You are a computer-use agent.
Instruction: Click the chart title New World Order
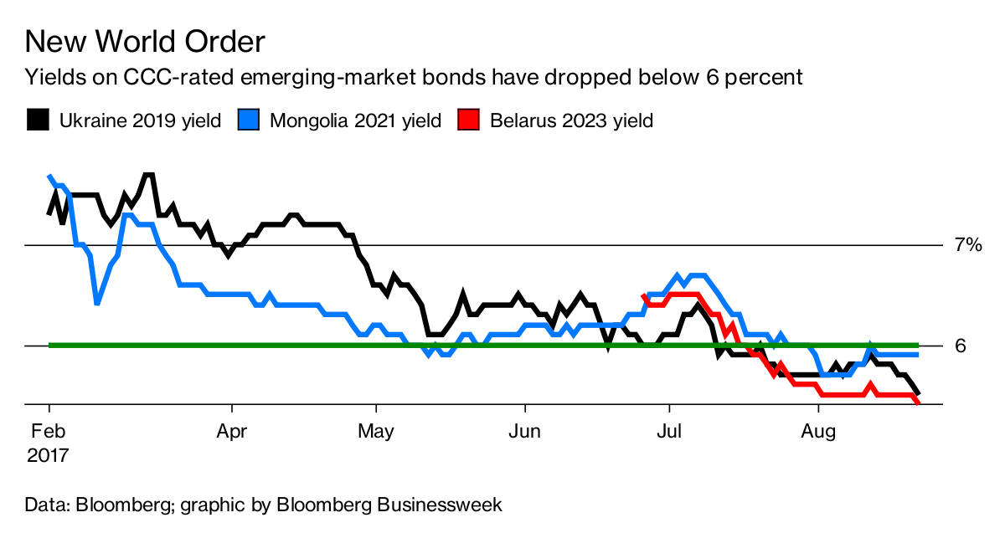(x=146, y=41)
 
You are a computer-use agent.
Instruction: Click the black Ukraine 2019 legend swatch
(x=37, y=120)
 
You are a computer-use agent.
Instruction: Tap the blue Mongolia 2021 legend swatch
(x=248, y=120)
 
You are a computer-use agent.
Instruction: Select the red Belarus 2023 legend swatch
(x=468, y=120)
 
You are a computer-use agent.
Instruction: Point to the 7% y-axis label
(x=968, y=244)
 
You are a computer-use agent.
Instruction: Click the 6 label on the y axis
(x=960, y=346)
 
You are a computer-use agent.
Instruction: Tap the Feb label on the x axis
(x=49, y=433)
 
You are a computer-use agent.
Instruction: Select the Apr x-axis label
(x=230, y=433)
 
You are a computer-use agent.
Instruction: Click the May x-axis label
(x=376, y=433)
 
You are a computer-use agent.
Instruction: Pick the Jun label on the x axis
(x=524, y=433)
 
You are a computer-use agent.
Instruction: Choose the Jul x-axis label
(x=669, y=433)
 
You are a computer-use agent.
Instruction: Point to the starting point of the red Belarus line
(x=642, y=295)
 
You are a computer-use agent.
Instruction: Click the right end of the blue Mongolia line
(x=918, y=355)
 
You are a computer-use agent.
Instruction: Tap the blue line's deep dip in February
(x=97, y=303)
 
